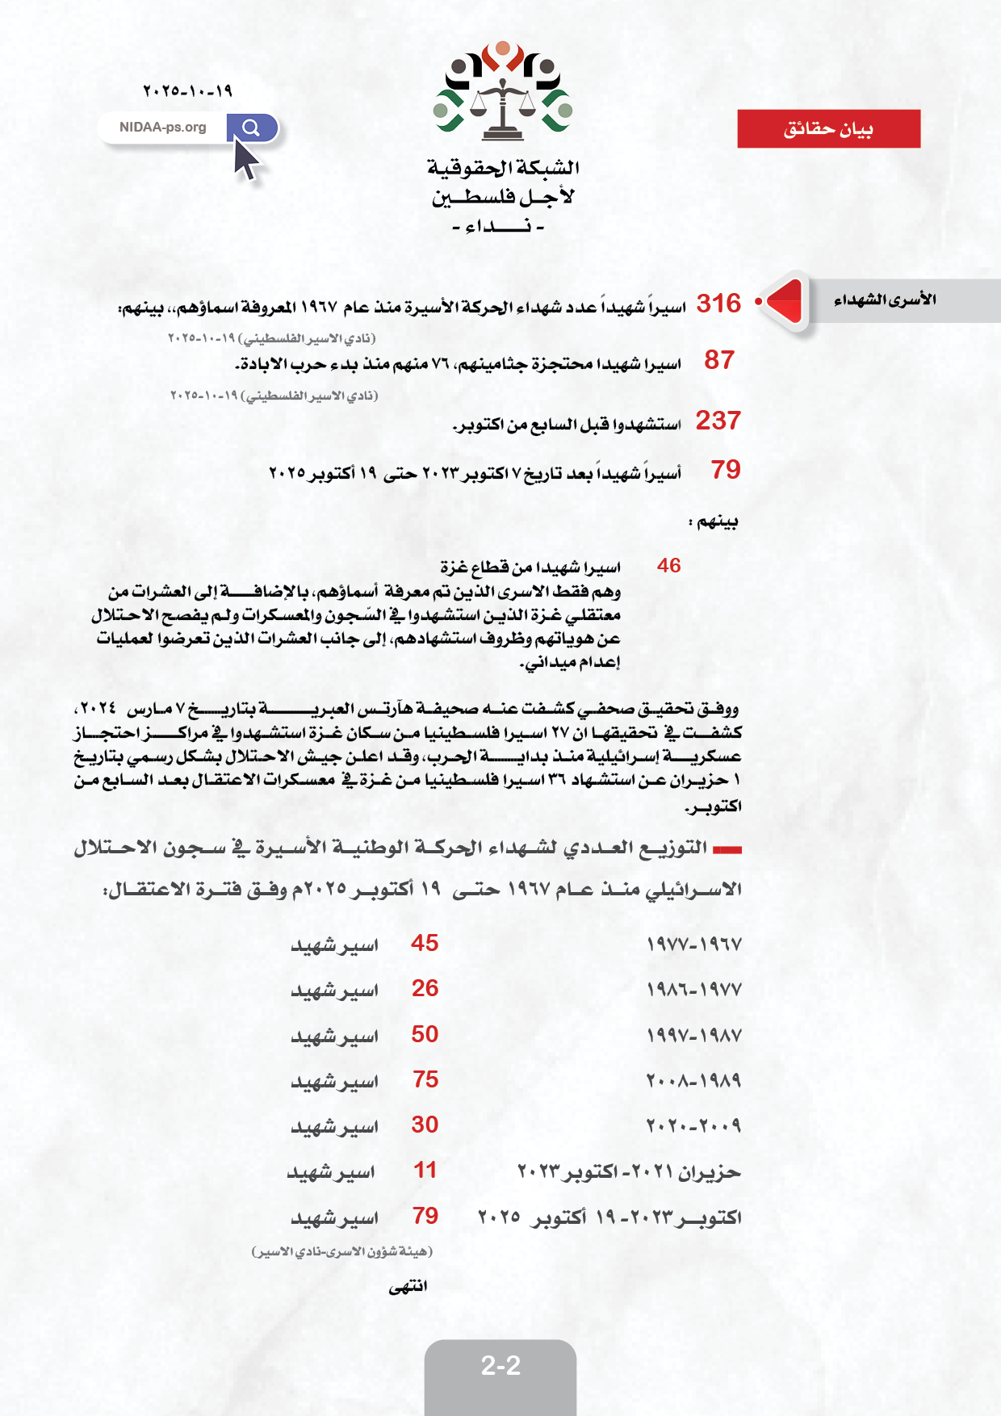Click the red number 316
click(x=718, y=304)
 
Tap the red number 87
click(x=719, y=360)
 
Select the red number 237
click(x=718, y=421)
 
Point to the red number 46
click(x=668, y=565)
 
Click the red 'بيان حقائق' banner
click(x=828, y=129)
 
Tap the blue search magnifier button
click(x=251, y=128)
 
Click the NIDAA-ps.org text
click(x=162, y=128)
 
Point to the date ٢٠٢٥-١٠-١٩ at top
click(x=187, y=91)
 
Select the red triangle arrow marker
click(x=785, y=301)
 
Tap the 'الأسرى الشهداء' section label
click(x=885, y=300)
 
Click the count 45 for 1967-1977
click(x=425, y=943)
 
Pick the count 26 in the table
click(x=425, y=988)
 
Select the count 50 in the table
click(x=425, y=1034)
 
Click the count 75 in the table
click(x=425, y=1079)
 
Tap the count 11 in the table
click(x=425, y=1170)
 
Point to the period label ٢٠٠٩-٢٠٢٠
click(x=693, y=1125)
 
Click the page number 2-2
click(x=500, y=1366)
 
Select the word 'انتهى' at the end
click(x=408, y=1286)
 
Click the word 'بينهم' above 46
click(x=714, y=522)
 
